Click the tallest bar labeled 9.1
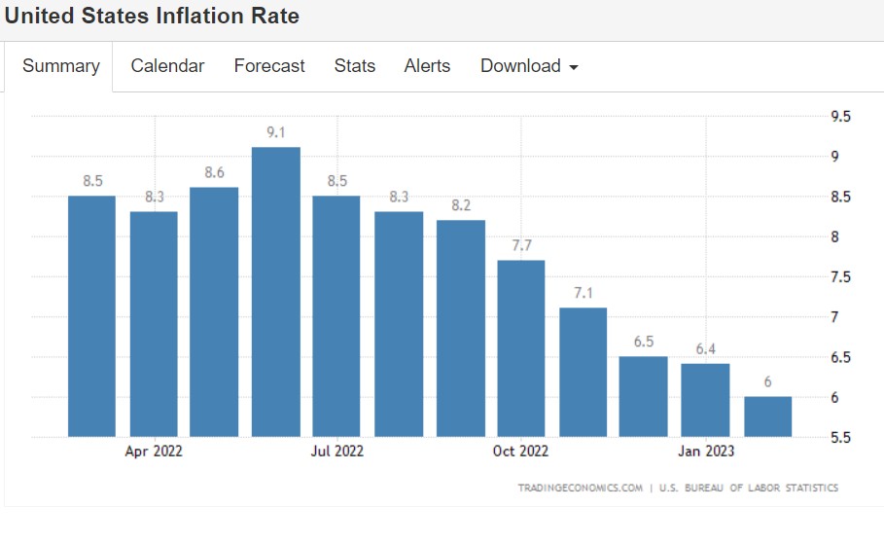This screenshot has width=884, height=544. click(275, 292)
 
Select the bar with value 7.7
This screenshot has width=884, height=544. click(521, 348)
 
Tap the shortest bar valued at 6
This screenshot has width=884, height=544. click(768, 417)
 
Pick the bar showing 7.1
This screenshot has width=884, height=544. click(583, 372)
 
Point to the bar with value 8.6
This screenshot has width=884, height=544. click(214, 311)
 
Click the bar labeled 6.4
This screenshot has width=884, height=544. click(706, 400)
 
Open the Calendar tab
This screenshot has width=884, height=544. click(167, 66)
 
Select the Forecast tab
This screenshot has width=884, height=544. click(269, 66)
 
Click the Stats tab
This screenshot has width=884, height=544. click(355, 66)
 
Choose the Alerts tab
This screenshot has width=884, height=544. click(428, 66)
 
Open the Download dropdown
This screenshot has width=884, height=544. click(529, 66)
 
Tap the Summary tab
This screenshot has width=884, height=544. click(61, 66)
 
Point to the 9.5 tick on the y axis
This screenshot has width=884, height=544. click(840, 117)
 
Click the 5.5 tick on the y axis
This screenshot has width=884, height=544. click(840, 438)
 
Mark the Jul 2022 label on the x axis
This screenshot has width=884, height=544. click(336, 452)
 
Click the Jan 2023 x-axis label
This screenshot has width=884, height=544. click(706, 452)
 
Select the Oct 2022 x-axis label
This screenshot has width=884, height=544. click(520, 452)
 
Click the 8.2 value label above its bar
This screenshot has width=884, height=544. click(460, 206)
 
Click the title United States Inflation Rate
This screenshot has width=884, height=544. click(153, 17)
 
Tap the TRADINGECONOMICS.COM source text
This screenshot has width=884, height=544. click(580, 488)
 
